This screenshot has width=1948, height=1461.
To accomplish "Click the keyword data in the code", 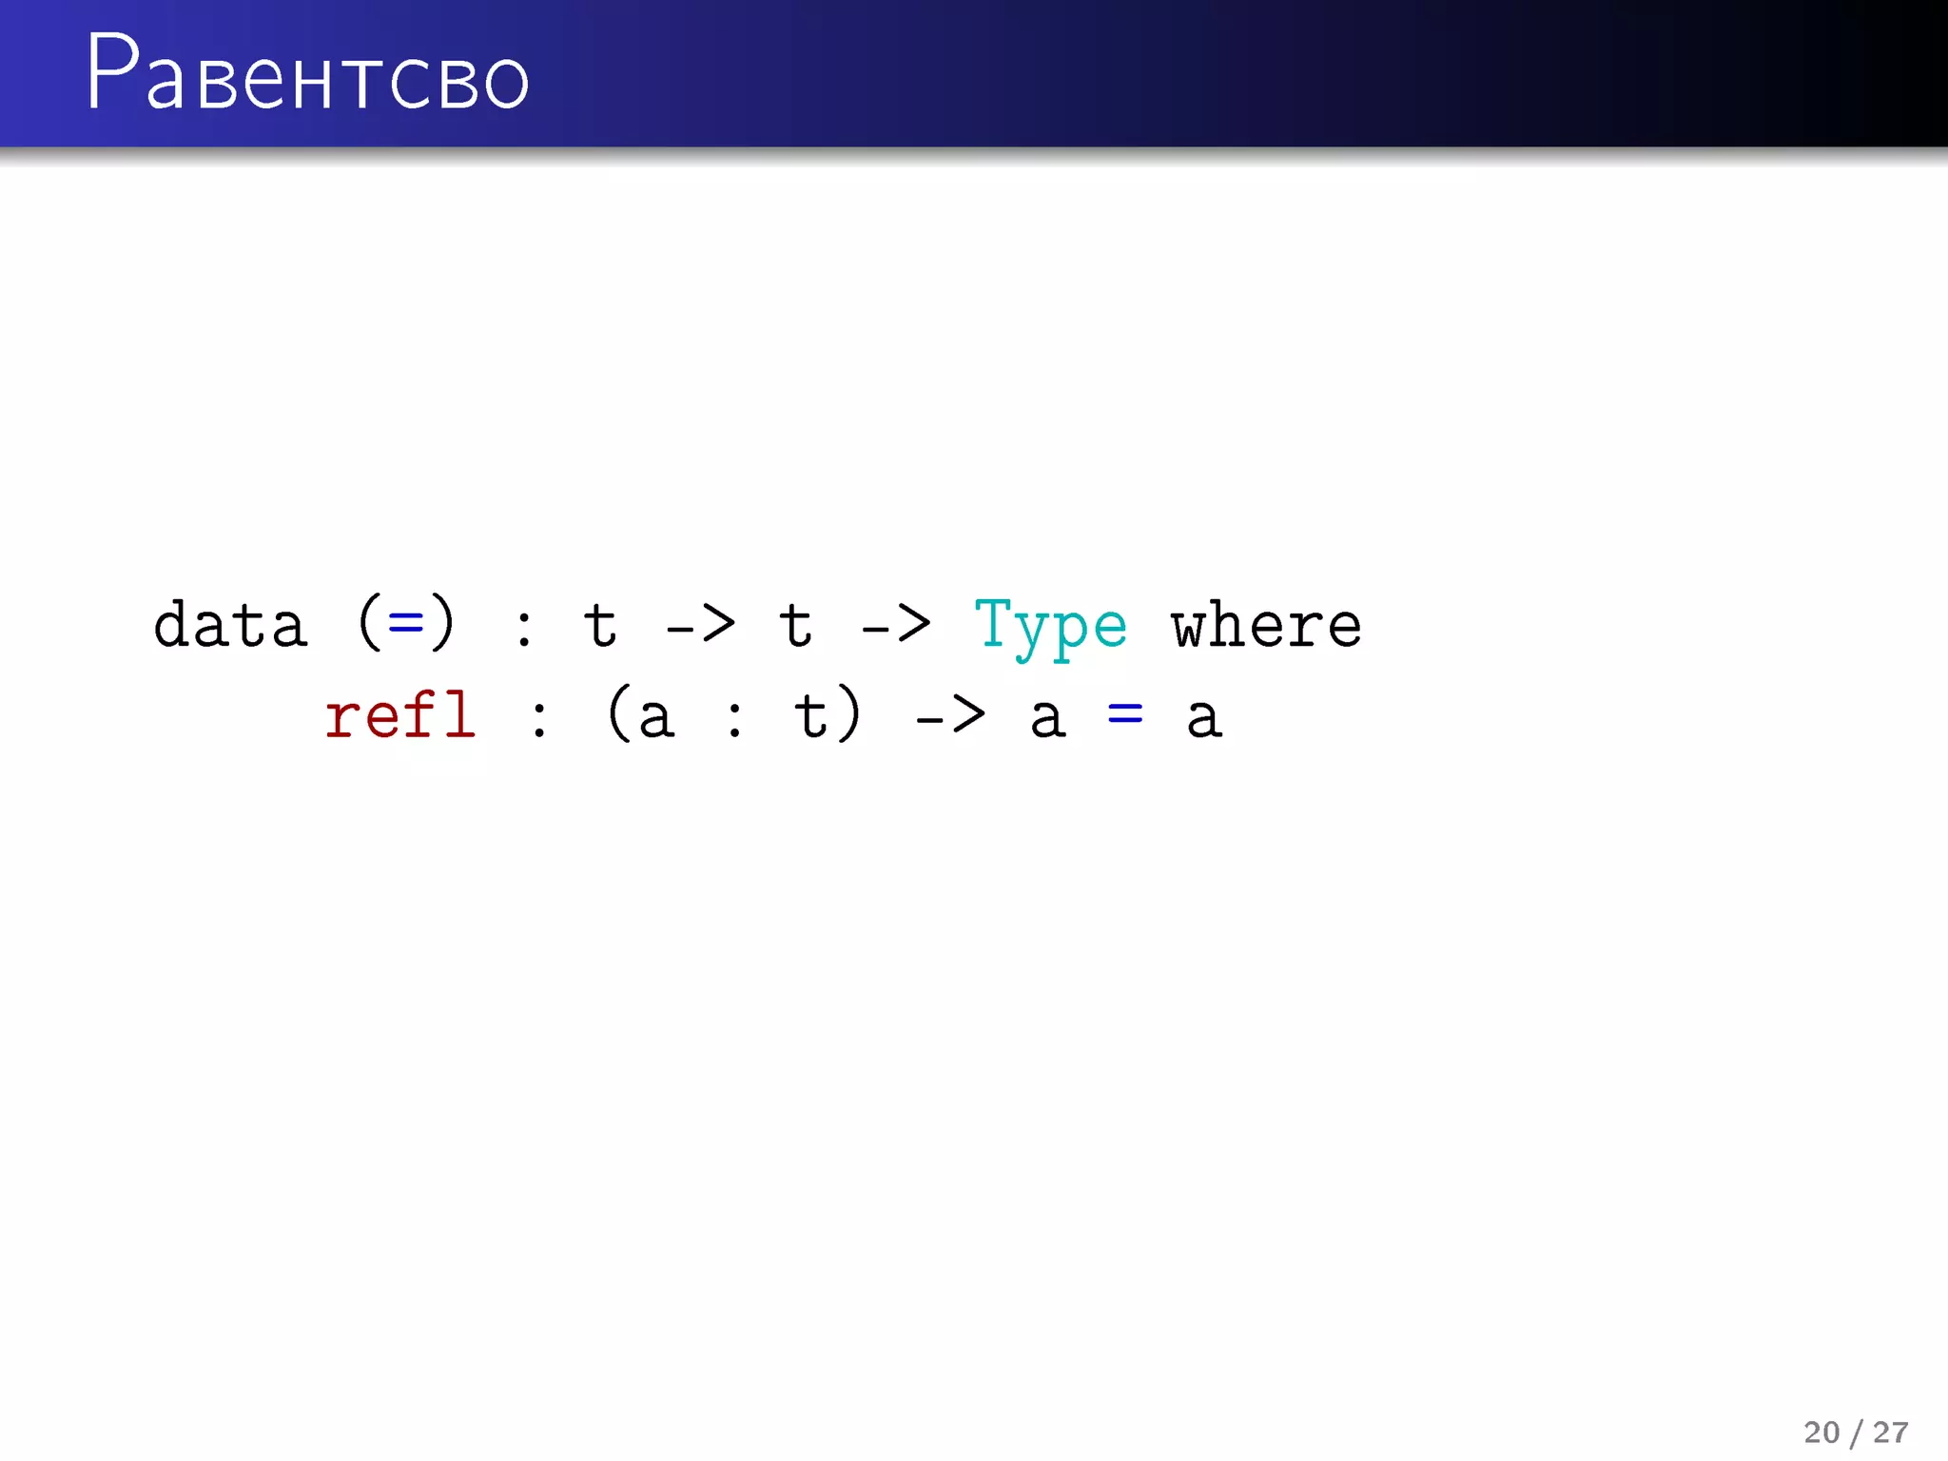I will click(x=230, y=626).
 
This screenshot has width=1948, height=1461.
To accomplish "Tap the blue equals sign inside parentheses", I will click(x=406, y=624).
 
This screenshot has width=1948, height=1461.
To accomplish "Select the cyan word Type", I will click(x=1050, y=626).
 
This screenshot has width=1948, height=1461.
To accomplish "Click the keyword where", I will click(x=1266, y=626).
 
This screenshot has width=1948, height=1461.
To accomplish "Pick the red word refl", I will click(x=399, y=715).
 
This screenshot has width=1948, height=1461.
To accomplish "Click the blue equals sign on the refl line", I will click(x=1125, y=713).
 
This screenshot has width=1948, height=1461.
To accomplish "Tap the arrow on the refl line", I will click(x=949, y=716).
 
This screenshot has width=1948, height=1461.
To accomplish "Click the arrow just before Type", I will click(x=895, y=626).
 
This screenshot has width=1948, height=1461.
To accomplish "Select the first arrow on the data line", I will click(x=700, y=626).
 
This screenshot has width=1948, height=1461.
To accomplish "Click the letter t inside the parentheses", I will click(x=810, y=715).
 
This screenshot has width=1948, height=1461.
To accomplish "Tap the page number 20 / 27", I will click(x=1855, y=1432).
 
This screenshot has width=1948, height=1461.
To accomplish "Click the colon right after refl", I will click(x=539, y=717).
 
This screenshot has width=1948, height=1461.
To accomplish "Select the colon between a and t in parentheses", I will click(x=734, y=717).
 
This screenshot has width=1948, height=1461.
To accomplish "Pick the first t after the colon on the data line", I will click(x=600, y=626).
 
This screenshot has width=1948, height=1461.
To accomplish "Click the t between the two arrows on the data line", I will click(x=795, y=626).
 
